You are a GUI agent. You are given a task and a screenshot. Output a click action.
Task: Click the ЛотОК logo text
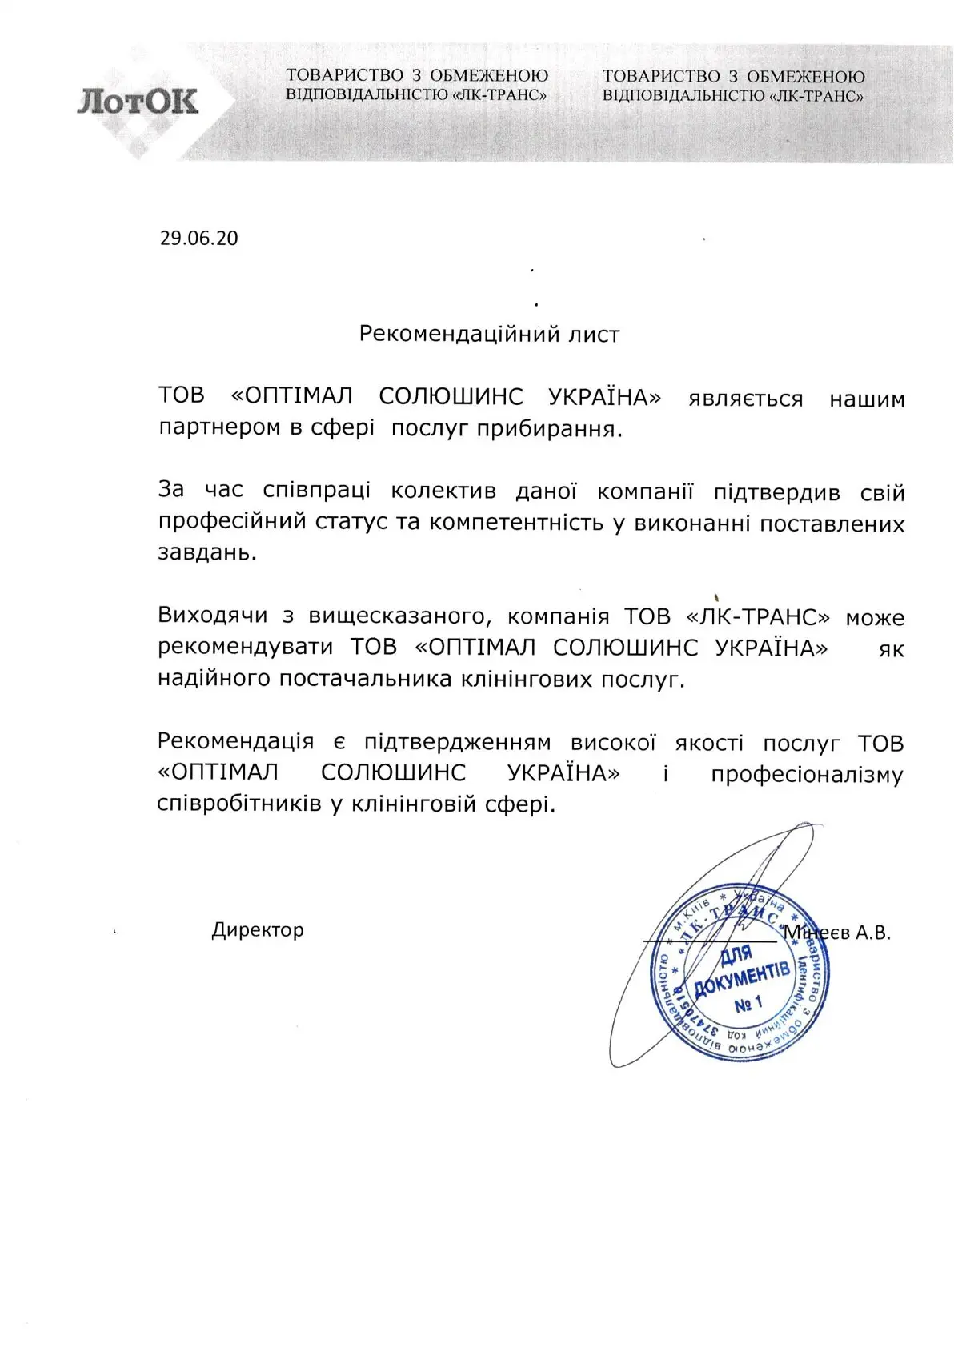[x=138, y=102]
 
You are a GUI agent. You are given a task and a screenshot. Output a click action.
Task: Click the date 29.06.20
[x=198, y=239]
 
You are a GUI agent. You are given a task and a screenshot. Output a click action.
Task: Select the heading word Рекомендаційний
[x=448, y=334]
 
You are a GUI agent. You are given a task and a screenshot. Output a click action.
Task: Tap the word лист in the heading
[x=594, y=334]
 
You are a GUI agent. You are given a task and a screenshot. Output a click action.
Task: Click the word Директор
[x=258, y=930]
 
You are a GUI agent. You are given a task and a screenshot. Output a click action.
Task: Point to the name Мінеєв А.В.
[x=837, y=933]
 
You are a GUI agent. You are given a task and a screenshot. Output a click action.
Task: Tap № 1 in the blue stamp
[x=748, y=1003]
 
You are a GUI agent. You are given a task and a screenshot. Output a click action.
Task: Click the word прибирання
[x=549, y=429]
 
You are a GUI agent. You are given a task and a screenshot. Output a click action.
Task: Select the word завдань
[x=207, y=553]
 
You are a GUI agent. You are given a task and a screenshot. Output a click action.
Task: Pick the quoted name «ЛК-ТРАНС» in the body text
[x=758, y=617]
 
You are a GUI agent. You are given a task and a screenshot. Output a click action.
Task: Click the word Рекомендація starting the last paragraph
[x=235, y=742]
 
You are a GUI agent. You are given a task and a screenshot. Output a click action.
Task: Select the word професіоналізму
[x=807, y=774]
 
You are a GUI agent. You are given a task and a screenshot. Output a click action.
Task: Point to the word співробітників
[x=239, y=804]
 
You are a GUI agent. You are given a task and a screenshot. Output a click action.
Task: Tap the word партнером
[x=220, y=429]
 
